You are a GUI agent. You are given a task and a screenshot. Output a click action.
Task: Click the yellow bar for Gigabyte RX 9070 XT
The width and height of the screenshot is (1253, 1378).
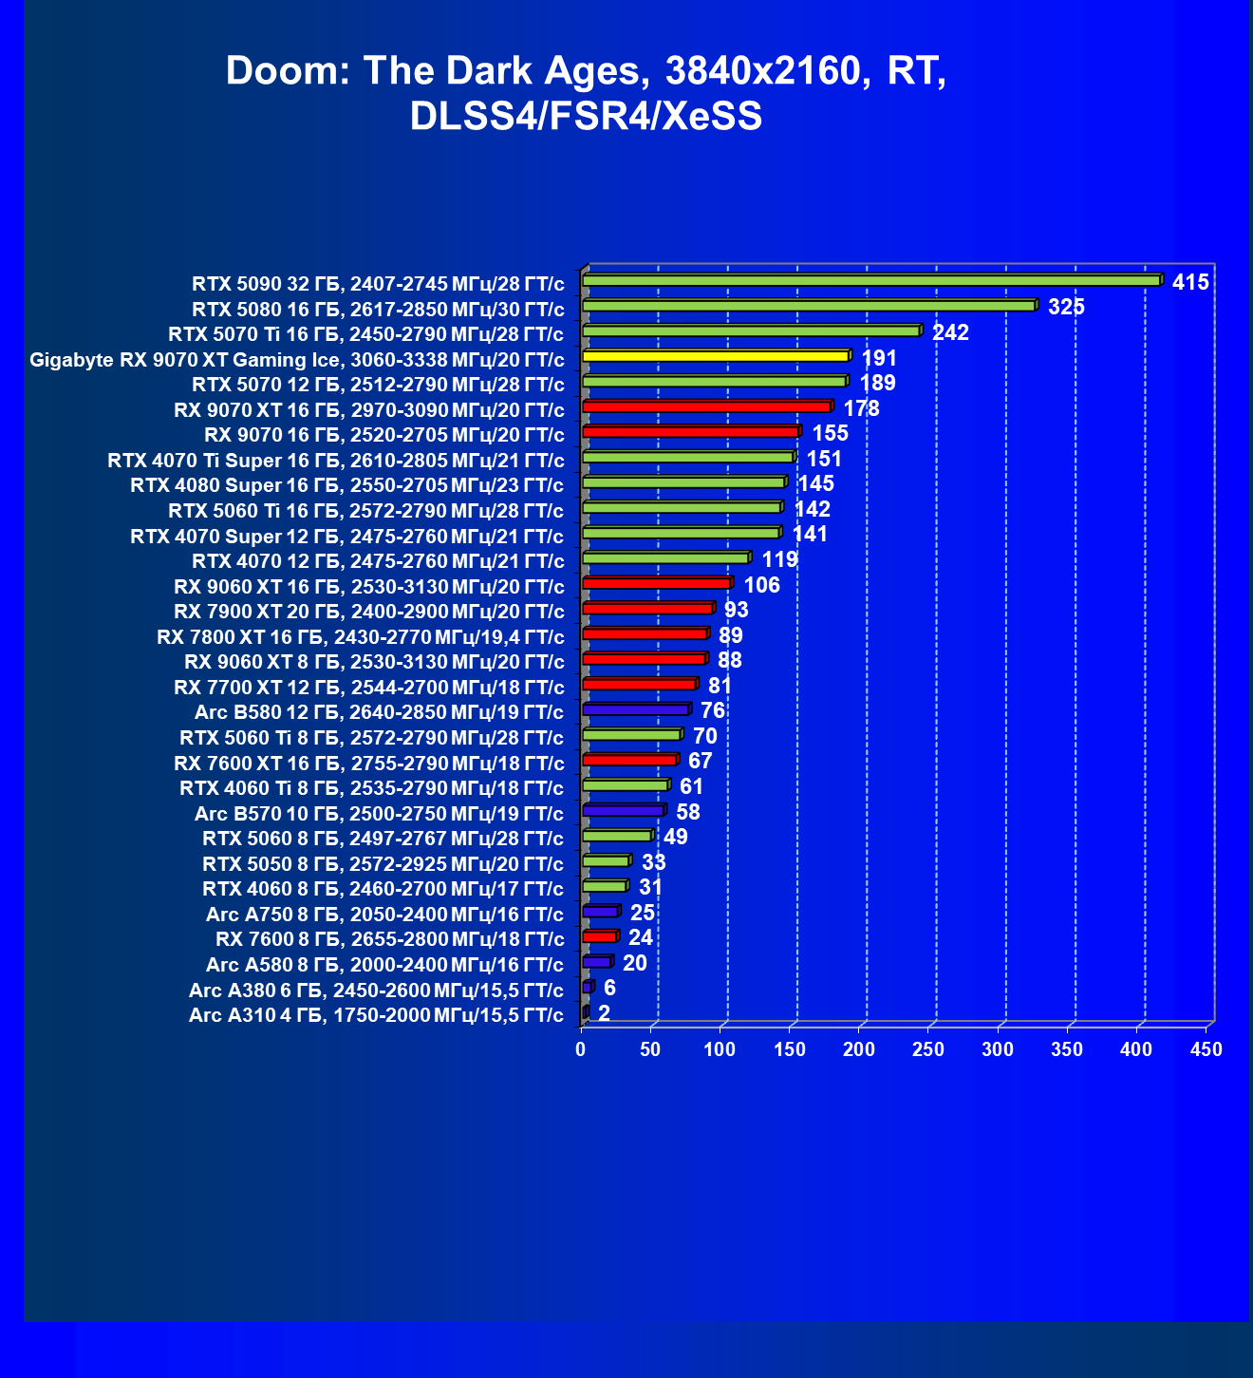coord(715,356)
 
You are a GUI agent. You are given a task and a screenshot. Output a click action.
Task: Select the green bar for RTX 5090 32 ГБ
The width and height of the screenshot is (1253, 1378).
coord(870,281)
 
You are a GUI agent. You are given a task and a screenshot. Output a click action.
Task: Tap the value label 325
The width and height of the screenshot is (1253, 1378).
coord(1066,307)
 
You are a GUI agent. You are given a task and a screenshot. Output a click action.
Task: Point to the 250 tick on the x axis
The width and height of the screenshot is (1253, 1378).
coord(928,1049)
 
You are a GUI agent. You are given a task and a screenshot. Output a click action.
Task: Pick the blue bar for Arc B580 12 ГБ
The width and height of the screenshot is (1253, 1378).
coord(635,710)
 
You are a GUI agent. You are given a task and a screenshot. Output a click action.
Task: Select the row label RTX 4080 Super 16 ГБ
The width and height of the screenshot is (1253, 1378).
coord(346,485)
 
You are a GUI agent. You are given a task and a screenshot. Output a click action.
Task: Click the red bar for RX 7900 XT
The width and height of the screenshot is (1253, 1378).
coord(646,609)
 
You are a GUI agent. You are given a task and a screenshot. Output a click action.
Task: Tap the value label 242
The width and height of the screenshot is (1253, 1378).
coord(950,332)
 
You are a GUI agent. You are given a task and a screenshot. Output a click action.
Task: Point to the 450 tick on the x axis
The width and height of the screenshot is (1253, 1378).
coord(1206,1049)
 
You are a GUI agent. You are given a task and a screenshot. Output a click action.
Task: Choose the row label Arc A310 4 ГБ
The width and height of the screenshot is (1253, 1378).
coord(376,1015)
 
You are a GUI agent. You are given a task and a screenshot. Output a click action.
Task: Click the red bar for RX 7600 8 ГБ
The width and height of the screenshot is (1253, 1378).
coord(599,937)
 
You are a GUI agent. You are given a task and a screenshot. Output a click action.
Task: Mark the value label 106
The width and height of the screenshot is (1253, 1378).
coord(761,585)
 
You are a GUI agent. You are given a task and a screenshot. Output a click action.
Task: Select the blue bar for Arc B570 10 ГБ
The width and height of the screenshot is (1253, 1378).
coord(623,811)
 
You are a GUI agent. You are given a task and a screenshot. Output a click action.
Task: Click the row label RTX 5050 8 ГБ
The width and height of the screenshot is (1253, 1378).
coord(383,863)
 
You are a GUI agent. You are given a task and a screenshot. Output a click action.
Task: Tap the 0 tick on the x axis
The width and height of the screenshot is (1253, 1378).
coord(582,1049)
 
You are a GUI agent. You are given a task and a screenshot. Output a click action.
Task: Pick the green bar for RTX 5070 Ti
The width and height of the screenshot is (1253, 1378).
coord(750,331)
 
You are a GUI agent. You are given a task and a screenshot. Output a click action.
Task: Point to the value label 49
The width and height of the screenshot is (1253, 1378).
coord(675,837)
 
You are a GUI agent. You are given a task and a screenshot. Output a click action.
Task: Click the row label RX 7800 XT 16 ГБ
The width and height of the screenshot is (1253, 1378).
coord(360,636)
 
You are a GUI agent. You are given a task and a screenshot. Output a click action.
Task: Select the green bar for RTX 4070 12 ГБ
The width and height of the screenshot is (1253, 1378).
coord(664,558)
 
